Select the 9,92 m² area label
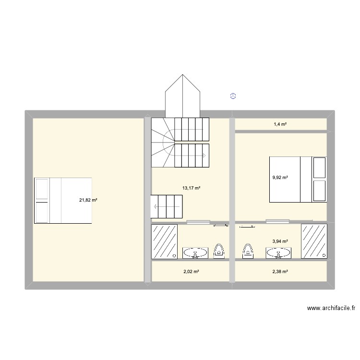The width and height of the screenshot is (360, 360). coord(280,177)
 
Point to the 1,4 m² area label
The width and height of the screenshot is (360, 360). coord(280,124)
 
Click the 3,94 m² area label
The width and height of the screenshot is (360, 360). coord(280,241)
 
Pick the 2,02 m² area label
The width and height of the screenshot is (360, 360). coord(191,272)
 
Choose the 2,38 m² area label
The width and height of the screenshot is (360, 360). coord(280,272)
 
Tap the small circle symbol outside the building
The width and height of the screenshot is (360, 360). coord(233,96)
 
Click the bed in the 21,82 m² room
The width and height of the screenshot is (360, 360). coord(63,201)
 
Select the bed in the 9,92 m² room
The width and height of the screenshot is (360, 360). coord(298,179)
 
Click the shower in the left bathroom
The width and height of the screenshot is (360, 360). coord(165,241)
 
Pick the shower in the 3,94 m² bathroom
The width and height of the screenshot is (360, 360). coord(314,241)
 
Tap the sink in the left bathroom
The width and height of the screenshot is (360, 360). coord(195,253)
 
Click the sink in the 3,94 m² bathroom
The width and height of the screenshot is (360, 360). coord(278,253)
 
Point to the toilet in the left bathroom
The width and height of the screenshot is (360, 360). coord(219,251)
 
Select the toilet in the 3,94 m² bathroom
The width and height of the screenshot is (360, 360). coord(248,251)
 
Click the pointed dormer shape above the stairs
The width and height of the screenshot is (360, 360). coord(182,97)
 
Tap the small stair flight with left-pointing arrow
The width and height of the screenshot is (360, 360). coord(166,207)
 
